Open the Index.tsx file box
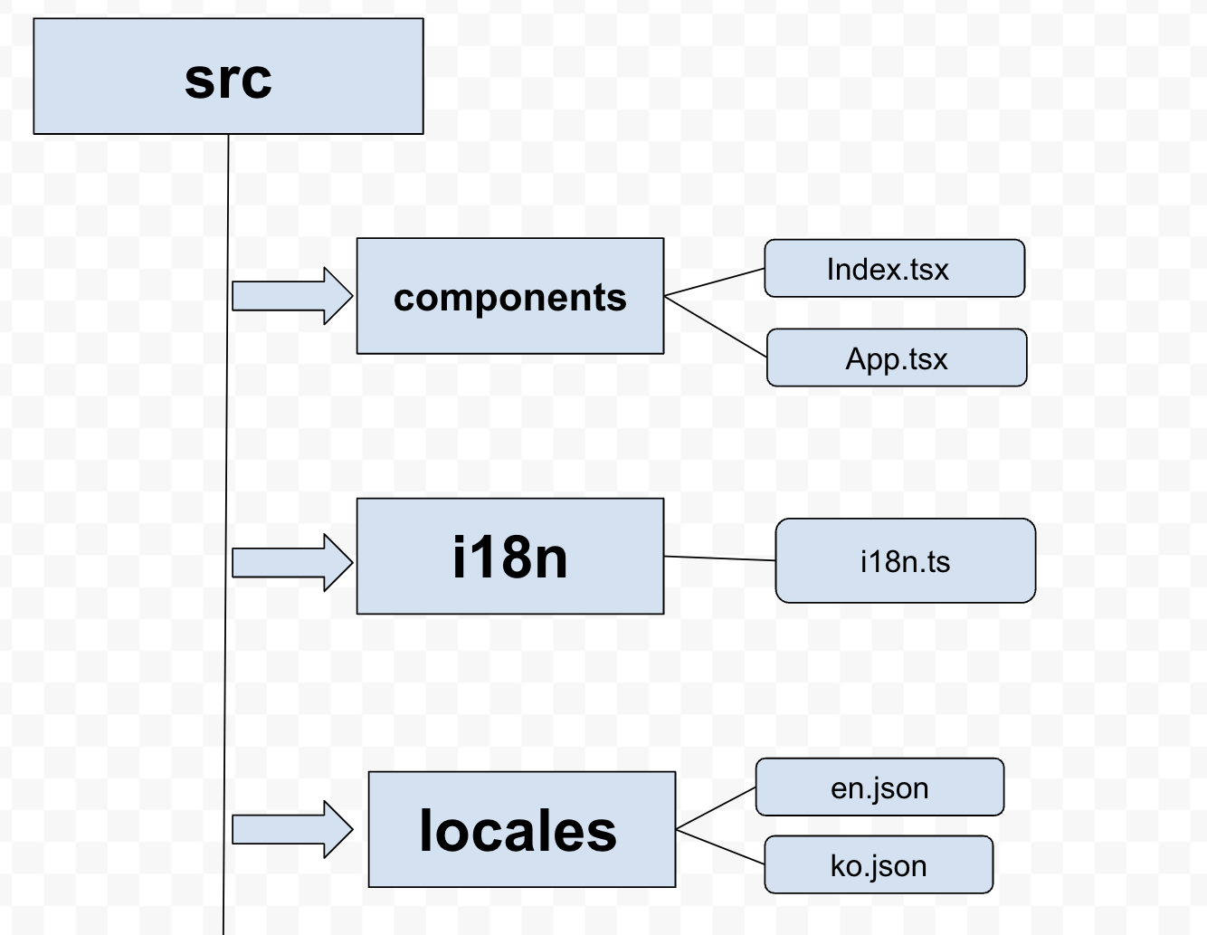[894, 269]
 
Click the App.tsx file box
[897, 358]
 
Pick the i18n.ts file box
[905, 561]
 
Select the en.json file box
[879, 787]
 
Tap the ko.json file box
[879, 865]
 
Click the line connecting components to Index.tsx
[715, 282]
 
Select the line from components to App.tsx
[716, 326]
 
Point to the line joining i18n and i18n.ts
[719, 558]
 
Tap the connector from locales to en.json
[716, 808]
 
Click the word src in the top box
[228, 79]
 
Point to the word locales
[518, 831]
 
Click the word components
[510, 298]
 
